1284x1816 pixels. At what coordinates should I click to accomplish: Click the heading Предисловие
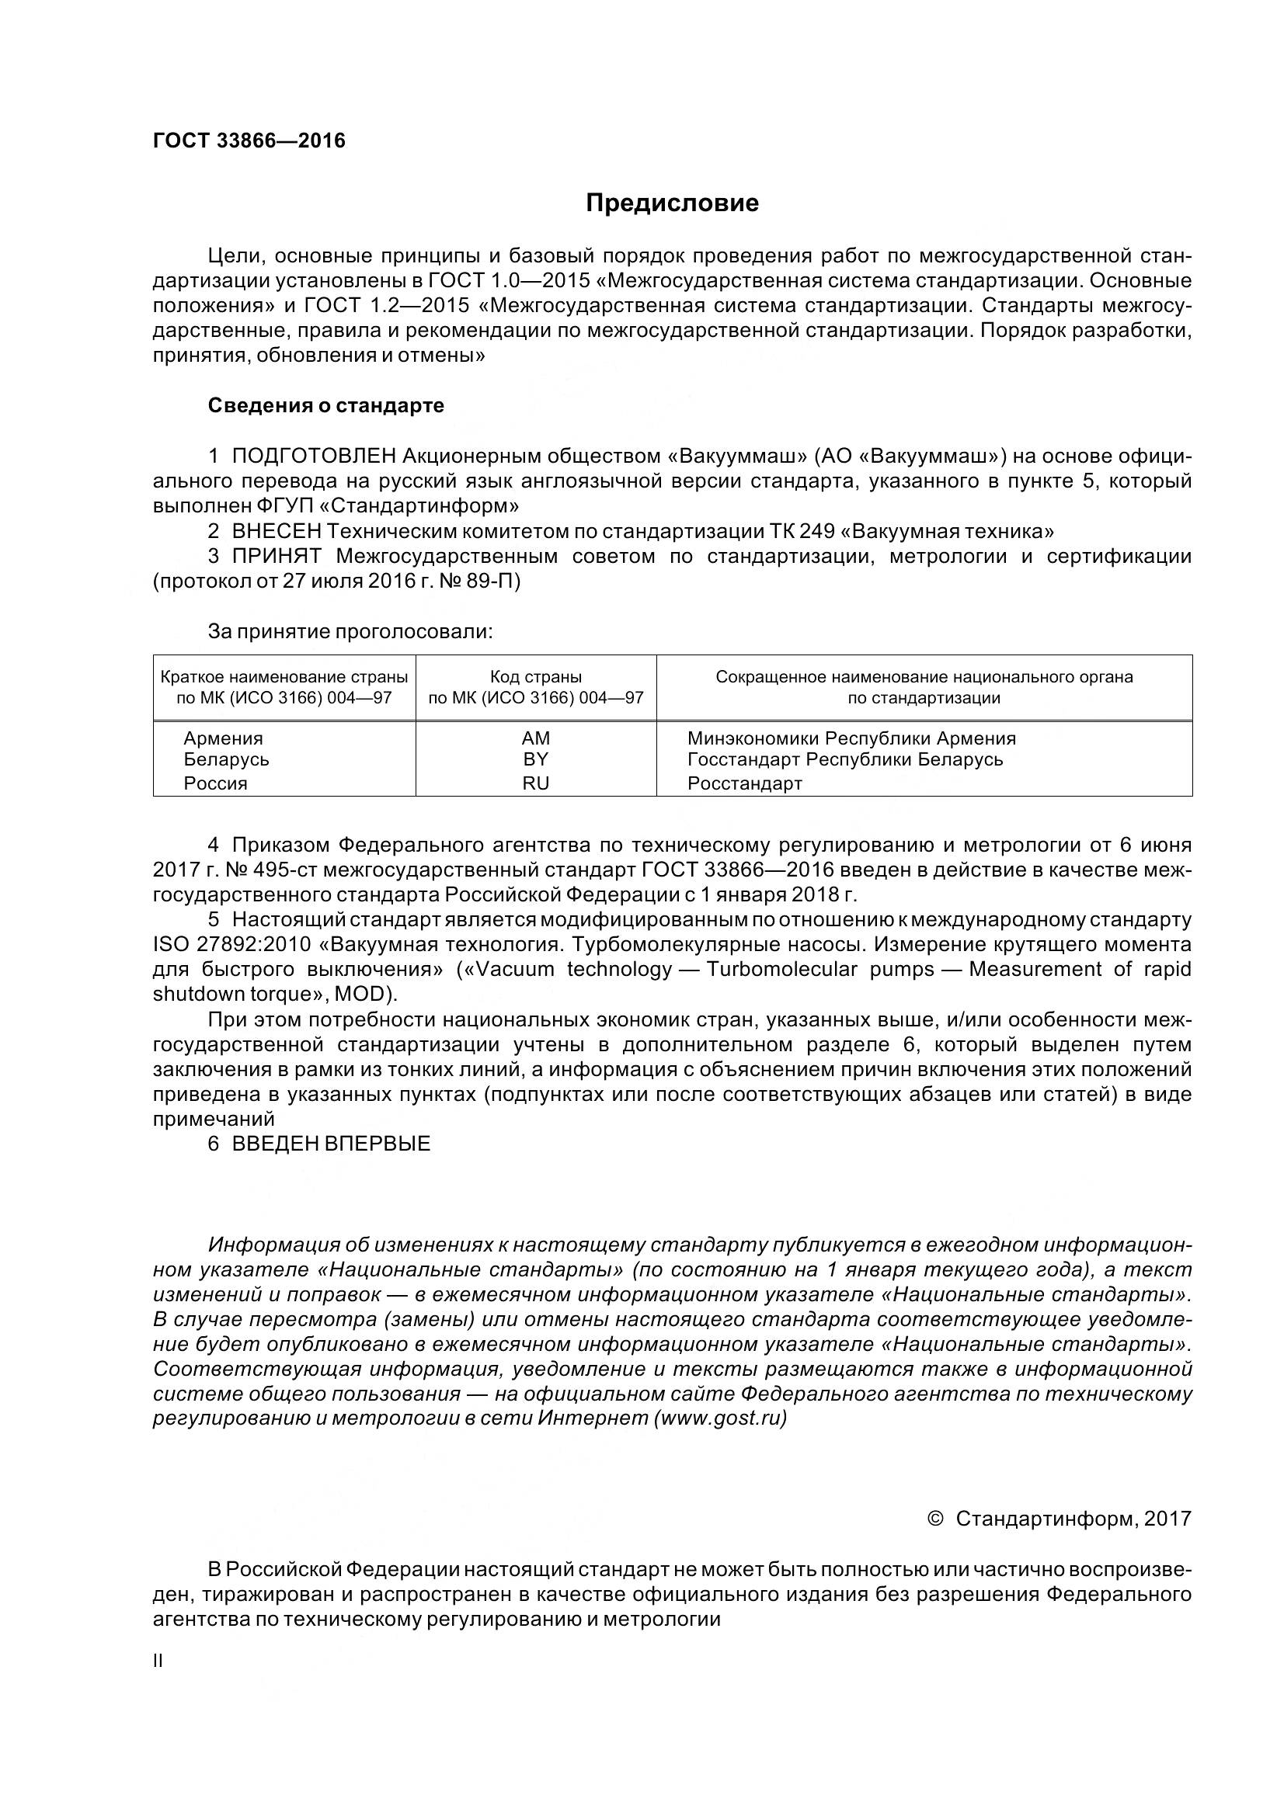pyautogui.click(x=672, y=203)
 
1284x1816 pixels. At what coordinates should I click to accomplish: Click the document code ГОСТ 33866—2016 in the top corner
pyautogui.click(x=249, y=141)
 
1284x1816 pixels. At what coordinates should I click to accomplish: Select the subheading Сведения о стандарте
pyautogui.click(x=326, y=406)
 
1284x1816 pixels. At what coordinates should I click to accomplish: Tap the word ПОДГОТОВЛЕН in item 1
pyautogui.click(x=314, y=457)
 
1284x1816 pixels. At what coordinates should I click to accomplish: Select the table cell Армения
pyautogui.click(x=223, y=738)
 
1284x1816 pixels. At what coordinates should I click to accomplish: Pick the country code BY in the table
pyautogui.click(x=536, y=759)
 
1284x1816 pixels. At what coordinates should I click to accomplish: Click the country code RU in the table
pyautogui.click(x=536, y=784)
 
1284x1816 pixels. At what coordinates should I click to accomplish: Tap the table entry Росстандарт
pyautogui.click(x=744, y=784)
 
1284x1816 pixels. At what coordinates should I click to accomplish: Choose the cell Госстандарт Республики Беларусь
pyautogui.click(x=845, y=759)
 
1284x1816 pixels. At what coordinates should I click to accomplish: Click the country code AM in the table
pyautogui.click(x=536, y=738)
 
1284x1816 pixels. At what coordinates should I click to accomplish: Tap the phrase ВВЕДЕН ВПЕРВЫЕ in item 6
pyautogui.click(x=331, y=1144)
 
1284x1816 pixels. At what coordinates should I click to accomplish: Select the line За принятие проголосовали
pyautogui.click(x=350, y=632)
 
